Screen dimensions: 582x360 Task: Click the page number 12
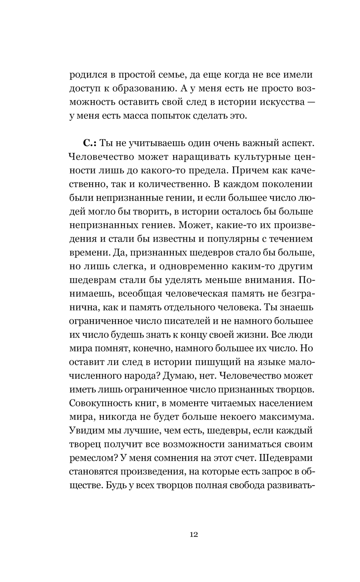(193, 534)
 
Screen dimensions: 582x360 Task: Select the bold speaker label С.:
(89, 143)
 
